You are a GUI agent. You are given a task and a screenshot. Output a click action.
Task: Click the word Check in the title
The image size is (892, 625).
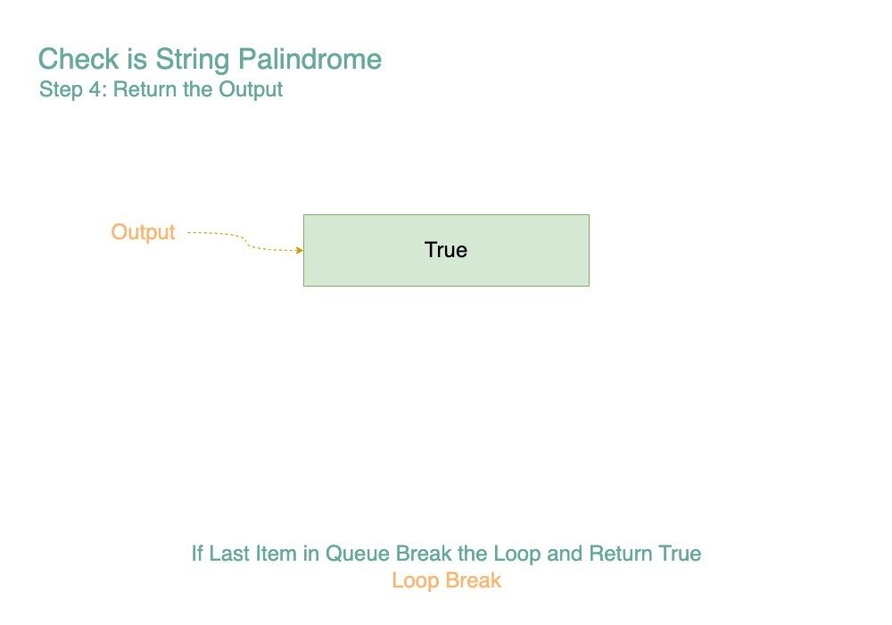[78, 59]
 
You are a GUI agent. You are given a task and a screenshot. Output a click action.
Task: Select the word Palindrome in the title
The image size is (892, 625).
[310, 59]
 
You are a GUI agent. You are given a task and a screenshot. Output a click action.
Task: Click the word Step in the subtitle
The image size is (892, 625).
[61, 90]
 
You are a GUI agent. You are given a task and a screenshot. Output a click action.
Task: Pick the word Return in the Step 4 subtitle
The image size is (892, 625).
[145, 89]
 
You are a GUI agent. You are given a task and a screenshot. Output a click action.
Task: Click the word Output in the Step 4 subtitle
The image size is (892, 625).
[251, 90]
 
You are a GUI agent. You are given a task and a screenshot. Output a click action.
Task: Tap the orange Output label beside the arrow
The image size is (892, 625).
[143, 232]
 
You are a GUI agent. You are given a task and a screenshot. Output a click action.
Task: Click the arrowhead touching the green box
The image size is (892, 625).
[299, 250]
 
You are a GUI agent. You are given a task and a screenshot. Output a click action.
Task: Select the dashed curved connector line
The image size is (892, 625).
[245, 241]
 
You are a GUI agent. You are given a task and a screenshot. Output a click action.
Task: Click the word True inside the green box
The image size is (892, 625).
[446, 250]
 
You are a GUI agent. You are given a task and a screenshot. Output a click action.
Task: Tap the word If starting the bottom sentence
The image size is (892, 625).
[197, 554]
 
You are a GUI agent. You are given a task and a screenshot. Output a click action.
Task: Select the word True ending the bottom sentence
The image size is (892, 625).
[680, 554]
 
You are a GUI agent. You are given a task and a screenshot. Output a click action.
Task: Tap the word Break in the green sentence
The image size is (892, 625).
[423, 554]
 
